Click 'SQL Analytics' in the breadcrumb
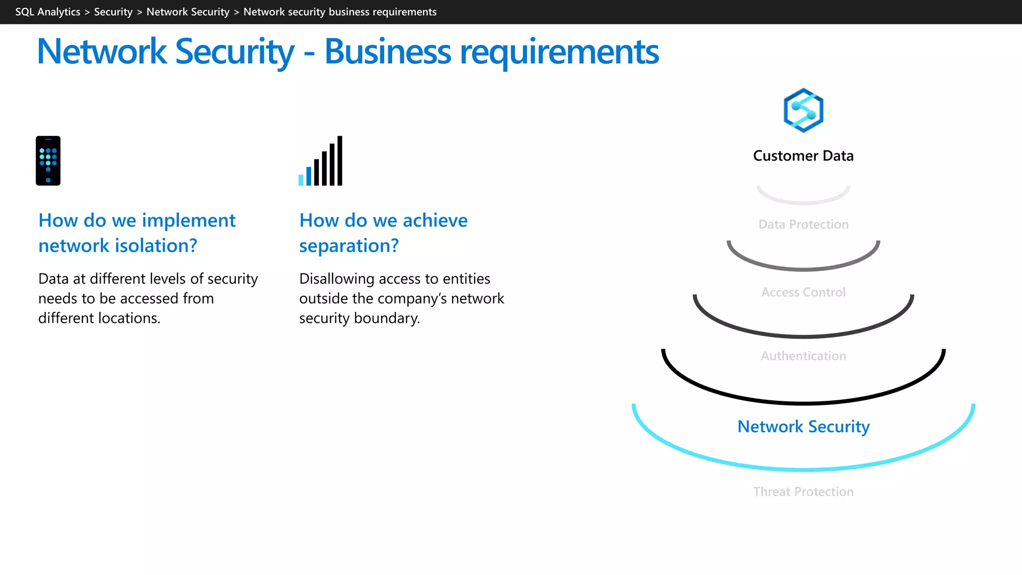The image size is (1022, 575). click(x=47, y=12)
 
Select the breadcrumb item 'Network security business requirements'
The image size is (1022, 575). click(x=340, y=12)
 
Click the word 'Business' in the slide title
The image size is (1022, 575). click(x=387, y=52)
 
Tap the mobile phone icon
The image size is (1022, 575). click(x=48, y=161)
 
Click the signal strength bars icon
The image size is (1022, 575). click(x=320, y=161)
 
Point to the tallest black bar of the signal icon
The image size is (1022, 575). click(x=340, y=161)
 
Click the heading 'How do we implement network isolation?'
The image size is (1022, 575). click(x=137, y=233)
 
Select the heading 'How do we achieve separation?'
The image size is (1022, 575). click(x=383, y=233)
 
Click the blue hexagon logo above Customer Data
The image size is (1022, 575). click(x=803, y=110)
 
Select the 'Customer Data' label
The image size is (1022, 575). click(x=803, y=156)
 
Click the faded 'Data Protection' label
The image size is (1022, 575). click(x=803, y=224)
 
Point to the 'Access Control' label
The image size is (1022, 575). click(x=803, y=292)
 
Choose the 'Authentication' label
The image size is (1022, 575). click(x=803, y=356)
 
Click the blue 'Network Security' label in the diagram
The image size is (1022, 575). click(x=803, y=426)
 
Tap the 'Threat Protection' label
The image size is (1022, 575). click(x=803, y=492)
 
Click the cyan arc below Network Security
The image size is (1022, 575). click(x=803, y=469)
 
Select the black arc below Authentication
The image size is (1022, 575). click(x=803, y=402)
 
